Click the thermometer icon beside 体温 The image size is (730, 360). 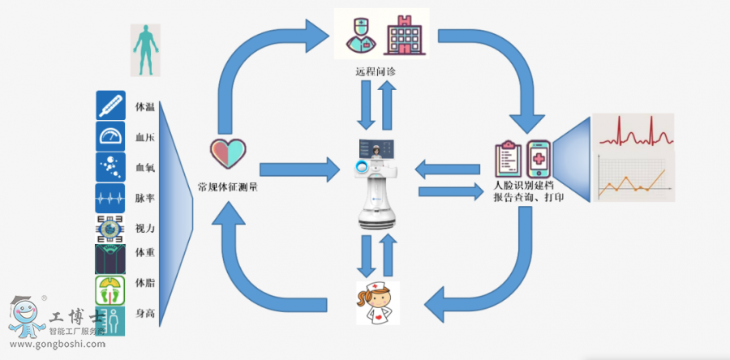click(110, 105)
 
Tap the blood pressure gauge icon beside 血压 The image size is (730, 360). click(110, 136)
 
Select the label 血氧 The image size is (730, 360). click(145, 169)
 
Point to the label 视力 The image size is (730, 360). click(145, 228)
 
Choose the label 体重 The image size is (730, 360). click(145, 253)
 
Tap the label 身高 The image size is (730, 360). click(145, 313)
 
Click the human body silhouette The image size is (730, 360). click(145, 49)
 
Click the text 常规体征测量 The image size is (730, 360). click(228, 187)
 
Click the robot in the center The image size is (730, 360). click(377, 182)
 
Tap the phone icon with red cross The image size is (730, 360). click(541, 161)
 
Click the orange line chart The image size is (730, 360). click(633, 178)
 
